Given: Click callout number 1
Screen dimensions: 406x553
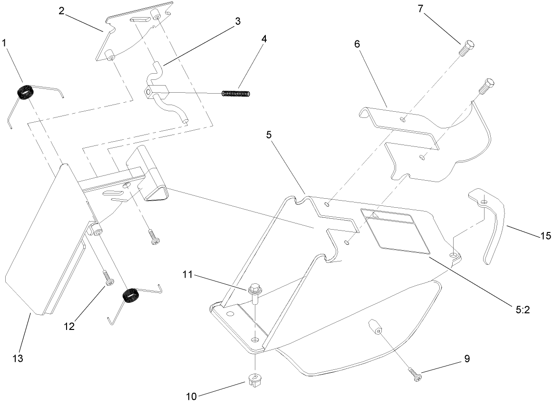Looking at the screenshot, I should (x=5, y=43).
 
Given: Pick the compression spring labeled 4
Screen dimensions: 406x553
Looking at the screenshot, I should (x=236, y=93).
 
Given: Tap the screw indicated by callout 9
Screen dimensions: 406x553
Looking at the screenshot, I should (x=416, y=375).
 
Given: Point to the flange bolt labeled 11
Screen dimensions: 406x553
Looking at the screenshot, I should (x=253, y=292).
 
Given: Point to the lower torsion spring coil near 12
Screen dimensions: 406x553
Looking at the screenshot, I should (x=130, y=295).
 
